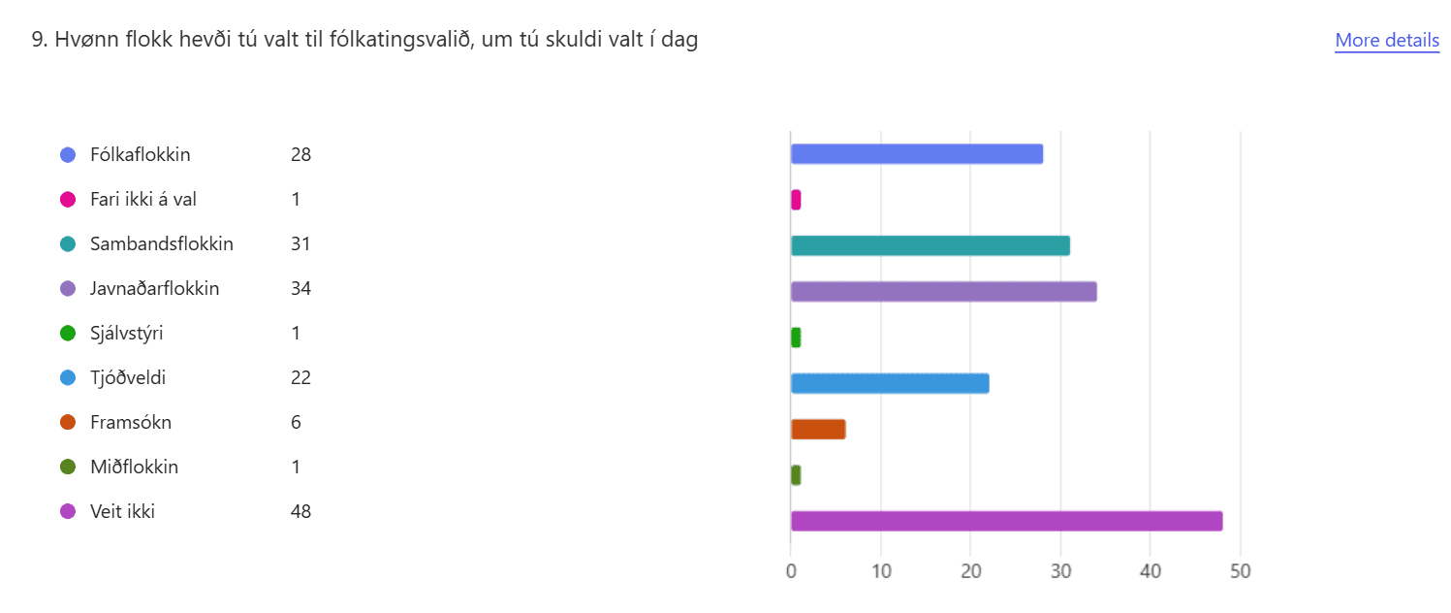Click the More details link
[1386, 40]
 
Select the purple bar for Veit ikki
[1006, 521]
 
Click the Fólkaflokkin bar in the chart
[916, 154]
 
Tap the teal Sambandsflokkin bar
[930, 245]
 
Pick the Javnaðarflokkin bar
[943, 291]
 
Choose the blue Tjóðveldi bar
[890, 383]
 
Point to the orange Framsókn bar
[818, 429]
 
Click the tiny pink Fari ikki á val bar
[796, 200]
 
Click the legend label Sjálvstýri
[126, 334]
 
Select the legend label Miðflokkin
[134, 468]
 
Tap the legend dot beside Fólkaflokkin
[68, 155]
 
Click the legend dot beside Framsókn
[68, 423]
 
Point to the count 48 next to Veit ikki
[300, 512]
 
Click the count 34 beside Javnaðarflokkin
[300, 289]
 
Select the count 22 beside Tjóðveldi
[300, 378]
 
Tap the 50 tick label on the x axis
[1240, 571]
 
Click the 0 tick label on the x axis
[791, 571]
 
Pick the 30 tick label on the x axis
[1060, 571]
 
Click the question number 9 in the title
[38, 41]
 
